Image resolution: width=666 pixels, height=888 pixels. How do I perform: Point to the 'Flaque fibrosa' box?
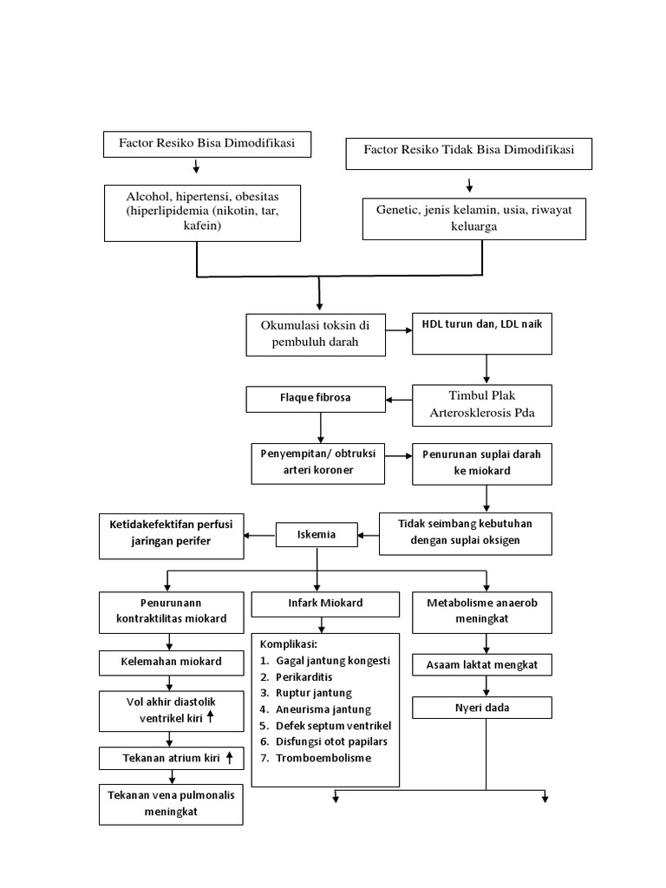click(x=315, y=399)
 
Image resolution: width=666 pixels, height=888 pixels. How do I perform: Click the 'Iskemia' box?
click(x=317, y=535)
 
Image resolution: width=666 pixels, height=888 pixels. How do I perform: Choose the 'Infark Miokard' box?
click(x=325, y=603)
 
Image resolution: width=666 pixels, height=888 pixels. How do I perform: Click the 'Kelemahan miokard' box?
click(x=171, y=662)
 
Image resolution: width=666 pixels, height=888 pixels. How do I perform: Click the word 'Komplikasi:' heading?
click(x=290, y=644)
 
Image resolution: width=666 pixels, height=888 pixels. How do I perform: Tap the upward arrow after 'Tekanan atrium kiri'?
click(x=229, y=757)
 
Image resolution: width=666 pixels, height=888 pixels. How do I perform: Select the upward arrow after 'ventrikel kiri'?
click(x=211, y=716)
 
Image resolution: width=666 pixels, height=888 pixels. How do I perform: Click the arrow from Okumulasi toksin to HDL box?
click(x=397, y=330)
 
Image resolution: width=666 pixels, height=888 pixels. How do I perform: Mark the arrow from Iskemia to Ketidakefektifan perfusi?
click(x=260, y=535)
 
